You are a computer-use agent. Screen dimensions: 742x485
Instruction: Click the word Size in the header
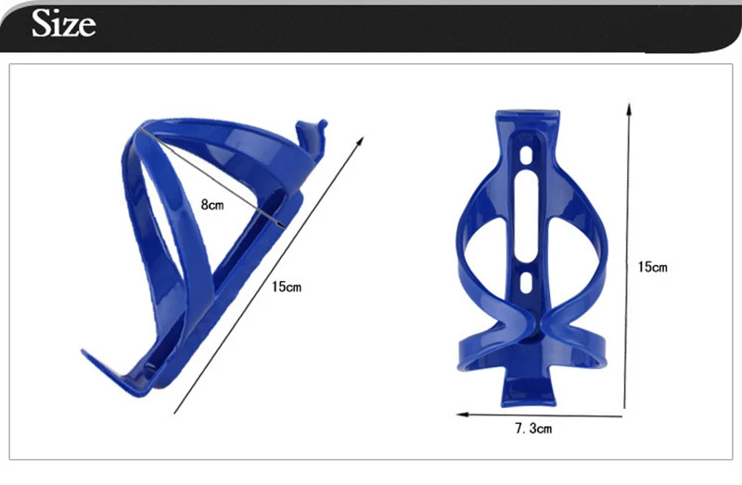click(x=63, y=23)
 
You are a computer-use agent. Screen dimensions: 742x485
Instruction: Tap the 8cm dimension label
click(x=212, y=204)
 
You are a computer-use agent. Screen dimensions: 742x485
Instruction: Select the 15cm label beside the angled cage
click(x=287, y=287)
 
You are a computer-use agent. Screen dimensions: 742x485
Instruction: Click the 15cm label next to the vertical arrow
click(x=653, y=267)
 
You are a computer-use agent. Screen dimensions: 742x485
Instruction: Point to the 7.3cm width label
click(x=533, y=428)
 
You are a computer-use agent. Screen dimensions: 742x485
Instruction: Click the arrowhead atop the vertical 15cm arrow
click(x=629, y=108)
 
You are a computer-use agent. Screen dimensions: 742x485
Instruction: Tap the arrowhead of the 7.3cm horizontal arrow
click(x=462, y=415)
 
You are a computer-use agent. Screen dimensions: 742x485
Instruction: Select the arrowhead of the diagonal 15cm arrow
click(x=361, y=141)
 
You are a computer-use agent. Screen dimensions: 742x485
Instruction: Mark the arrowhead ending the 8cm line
click(x=281, y=224)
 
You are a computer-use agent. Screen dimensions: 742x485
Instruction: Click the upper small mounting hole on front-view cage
click(x=526, y=155)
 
